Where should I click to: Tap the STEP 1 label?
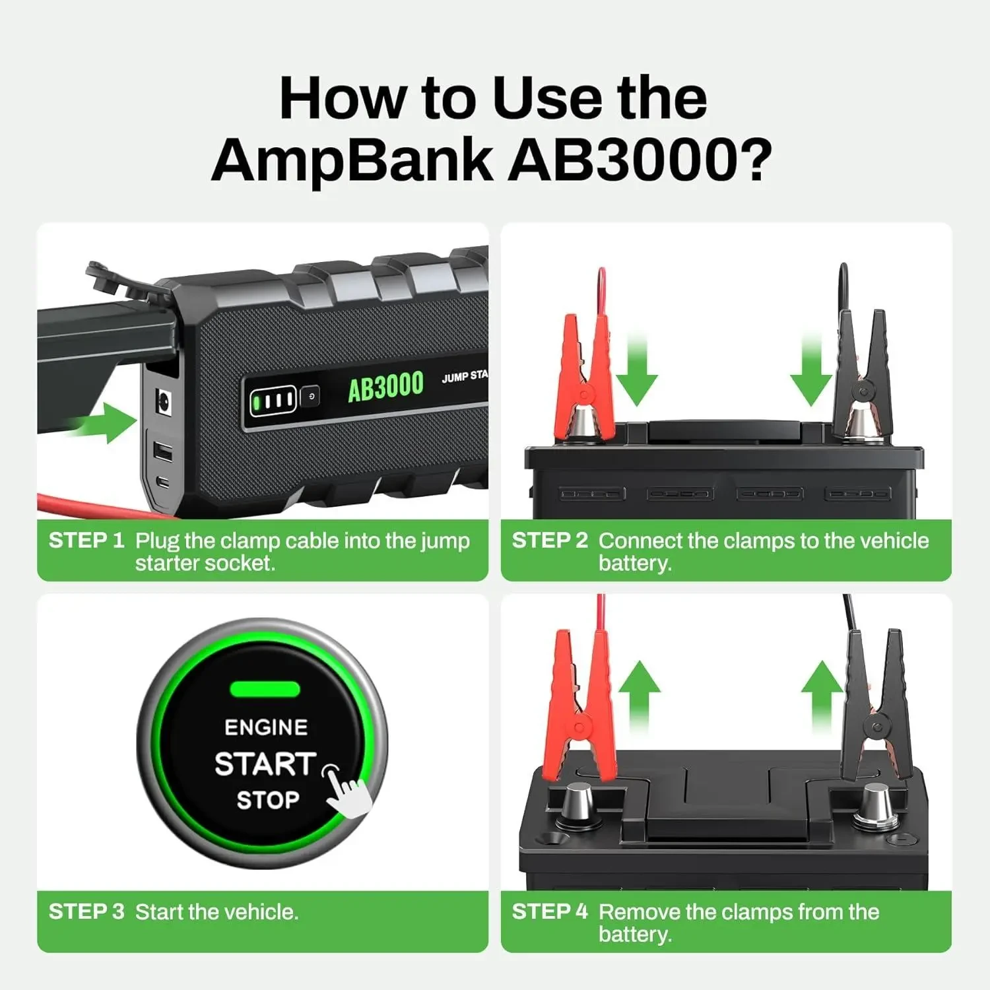click(x=86, y=541)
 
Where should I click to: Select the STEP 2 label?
click(x=550, y=541)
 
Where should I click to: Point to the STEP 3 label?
click(x=86, y=911)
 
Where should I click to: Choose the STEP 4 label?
click(x=550, y=911)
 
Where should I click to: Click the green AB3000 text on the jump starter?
click(x=385, y=387)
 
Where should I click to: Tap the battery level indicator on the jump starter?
click(x=273, y=400)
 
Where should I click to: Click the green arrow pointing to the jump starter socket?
click(x=106, y=422)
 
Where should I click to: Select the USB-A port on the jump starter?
click(x=163, y=452)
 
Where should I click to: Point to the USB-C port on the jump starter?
click(x=164, y=482)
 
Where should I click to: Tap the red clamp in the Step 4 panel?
click(x=581, y=706)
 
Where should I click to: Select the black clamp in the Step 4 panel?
click(x=874, y=706)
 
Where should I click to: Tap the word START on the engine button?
click(x=265, y=764)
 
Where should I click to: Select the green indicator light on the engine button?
click(x=265, y=690)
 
